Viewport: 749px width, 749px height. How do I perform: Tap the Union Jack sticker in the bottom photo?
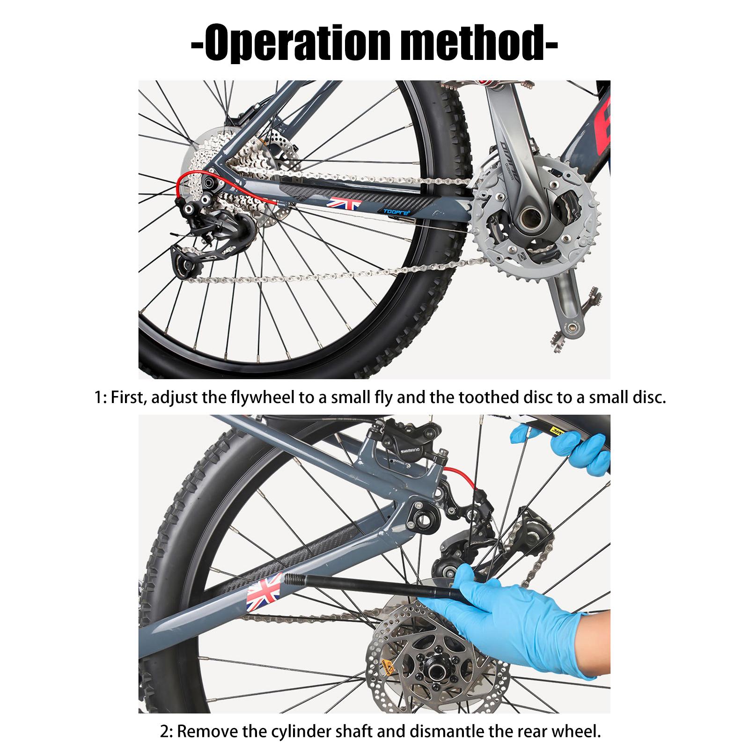click(263, 591)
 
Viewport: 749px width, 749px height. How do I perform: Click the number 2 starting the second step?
click(164, 732)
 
